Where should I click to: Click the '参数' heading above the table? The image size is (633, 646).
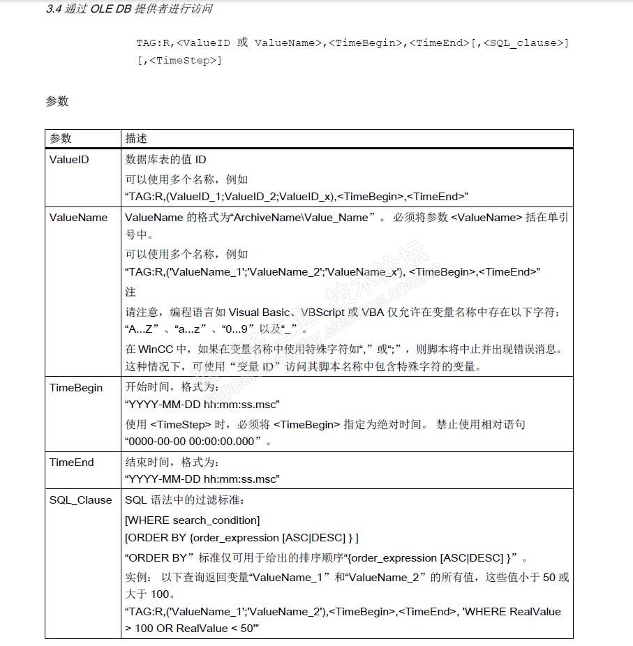point(57,101)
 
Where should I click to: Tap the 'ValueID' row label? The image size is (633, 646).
point(69,160)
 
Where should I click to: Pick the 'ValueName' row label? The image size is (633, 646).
point(78,218)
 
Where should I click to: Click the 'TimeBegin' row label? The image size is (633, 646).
point(75,388)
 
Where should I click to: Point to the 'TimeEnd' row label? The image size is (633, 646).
point(71,463)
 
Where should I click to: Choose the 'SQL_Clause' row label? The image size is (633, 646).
point(80,500)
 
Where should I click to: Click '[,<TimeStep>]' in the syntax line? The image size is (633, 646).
point(179,61)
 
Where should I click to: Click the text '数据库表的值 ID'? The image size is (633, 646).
point(165,160)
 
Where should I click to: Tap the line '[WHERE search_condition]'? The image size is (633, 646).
point(192,520)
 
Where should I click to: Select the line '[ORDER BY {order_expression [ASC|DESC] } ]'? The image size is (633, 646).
point(241,537)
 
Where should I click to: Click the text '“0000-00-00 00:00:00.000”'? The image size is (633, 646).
point(197,442)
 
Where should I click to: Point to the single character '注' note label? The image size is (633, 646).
point(131,292)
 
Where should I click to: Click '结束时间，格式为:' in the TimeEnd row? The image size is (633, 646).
point(172,463)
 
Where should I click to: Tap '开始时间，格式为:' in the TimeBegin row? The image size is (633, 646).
point(172,388)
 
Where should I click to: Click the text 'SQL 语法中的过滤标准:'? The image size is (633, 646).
point(183,500)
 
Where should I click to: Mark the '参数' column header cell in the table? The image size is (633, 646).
point(61,139)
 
